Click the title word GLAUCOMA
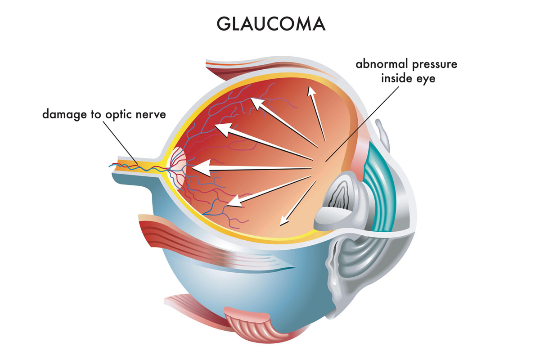(x=270, y=24)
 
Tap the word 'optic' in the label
(x=119, y=114)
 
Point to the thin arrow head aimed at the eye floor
(x=283, y=221)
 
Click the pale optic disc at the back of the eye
(x=178, y=167)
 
